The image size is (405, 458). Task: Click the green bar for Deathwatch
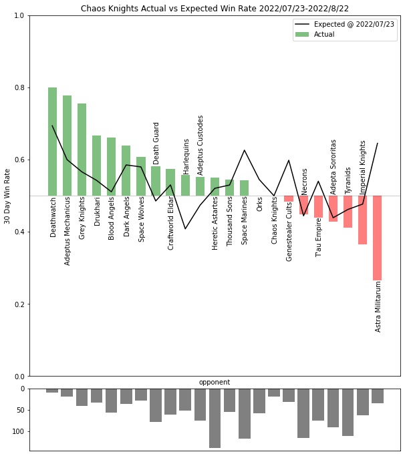point(52,142)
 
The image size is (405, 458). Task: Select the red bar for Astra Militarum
point(378,238)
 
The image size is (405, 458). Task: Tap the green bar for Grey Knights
point(82,150)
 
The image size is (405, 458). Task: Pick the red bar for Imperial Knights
point(363,220)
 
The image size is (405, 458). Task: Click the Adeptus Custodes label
point(200,146)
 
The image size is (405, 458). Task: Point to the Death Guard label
point(156,143)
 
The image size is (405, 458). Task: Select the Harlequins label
point(186,156)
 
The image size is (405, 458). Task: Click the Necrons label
point(305,182)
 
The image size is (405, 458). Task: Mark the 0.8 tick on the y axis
point(19,88)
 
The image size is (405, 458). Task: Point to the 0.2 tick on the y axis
point(19,304)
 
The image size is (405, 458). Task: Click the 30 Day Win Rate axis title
point(7,196)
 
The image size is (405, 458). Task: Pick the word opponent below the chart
point(215,383)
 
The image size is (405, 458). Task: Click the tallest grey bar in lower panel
point(215,418)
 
